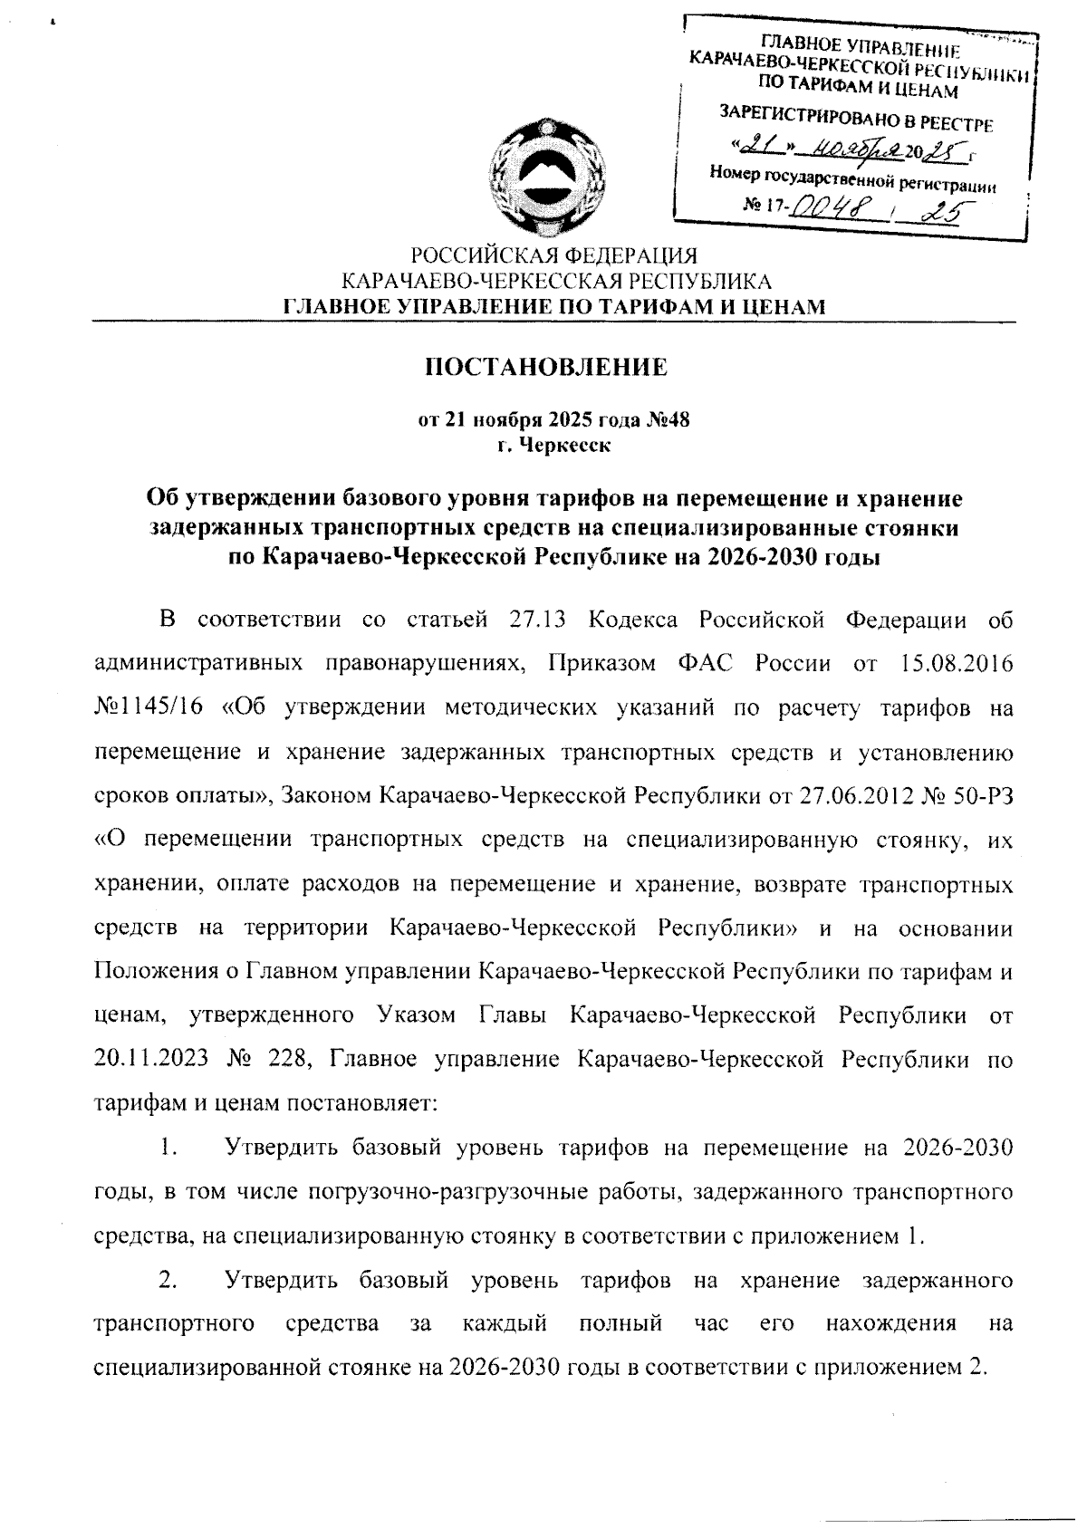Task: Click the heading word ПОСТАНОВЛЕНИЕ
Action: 546,367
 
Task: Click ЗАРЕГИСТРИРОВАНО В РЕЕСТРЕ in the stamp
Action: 855,117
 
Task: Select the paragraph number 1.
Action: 167,1149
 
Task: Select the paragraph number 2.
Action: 167,1281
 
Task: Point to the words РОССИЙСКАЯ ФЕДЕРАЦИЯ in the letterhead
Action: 554,256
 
